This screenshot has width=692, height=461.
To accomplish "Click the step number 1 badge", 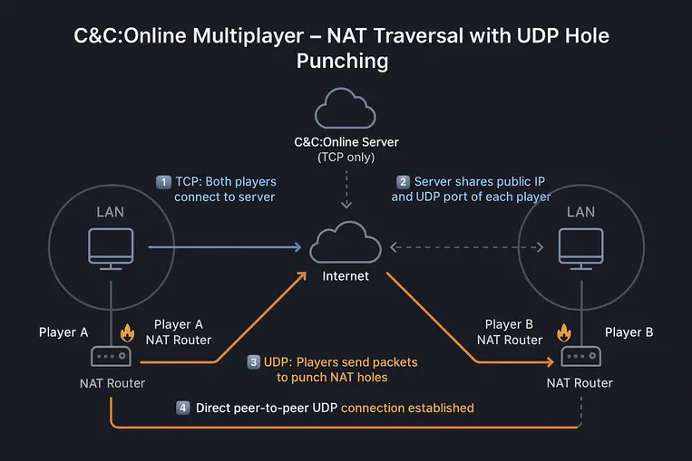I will [x=164, y=181].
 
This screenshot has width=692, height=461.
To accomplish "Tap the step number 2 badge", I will [x=403, y=181].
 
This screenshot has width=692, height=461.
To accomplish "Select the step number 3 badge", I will [x=253, y=361].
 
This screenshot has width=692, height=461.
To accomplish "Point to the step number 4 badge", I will [x=182, y=408].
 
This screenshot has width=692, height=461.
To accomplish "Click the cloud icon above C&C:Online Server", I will [x=346, y=110].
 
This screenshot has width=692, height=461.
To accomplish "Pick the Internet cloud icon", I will [x=346, y=244].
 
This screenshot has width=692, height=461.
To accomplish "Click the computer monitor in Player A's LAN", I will [x=111, y=245].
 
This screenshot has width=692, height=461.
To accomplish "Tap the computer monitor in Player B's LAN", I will [x=580, y=245].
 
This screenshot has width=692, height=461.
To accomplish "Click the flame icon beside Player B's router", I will [x=564, y=333].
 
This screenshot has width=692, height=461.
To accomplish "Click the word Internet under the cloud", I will [x=346, y=275].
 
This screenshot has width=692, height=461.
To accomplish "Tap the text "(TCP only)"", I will [x=346, y=158].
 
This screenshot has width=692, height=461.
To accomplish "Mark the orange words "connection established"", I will [x=407, y=408].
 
